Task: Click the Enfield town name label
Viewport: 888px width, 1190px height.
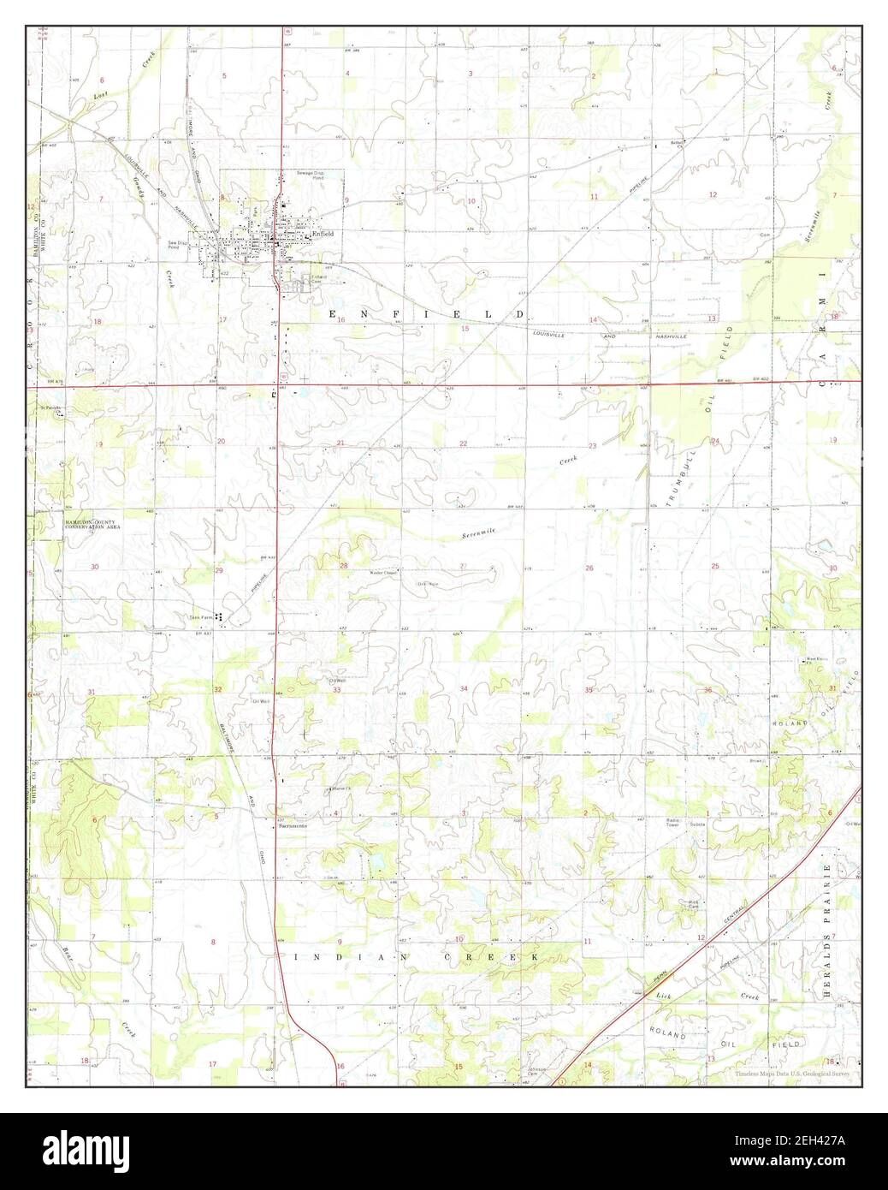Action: pos(322,233)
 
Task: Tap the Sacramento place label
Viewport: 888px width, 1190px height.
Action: pos(292,826)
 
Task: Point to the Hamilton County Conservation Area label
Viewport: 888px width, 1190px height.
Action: pos(95,525)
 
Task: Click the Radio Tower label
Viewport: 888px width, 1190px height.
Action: pos(672,823)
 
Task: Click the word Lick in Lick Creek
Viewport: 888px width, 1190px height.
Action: pos(665,997)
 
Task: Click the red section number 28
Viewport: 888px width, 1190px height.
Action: pos(344,566)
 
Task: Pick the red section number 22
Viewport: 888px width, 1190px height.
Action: pos(464,443)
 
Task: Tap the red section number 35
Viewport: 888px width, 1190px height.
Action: pos(589,690)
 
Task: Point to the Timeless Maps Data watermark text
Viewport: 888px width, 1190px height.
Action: pos(792,1074)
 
